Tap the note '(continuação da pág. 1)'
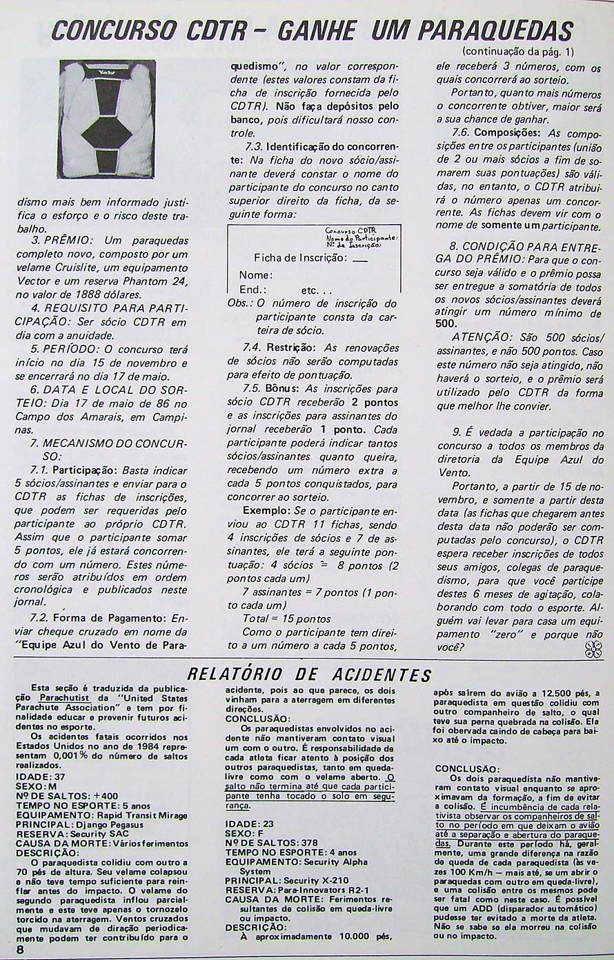tap(515, 52)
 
